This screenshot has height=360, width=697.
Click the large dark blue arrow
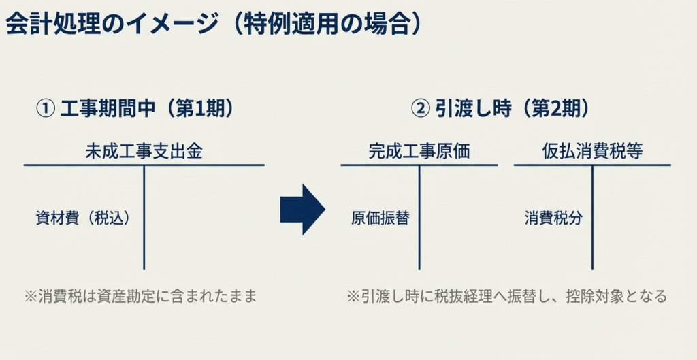[302, 209]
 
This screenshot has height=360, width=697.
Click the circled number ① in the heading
[45, 109]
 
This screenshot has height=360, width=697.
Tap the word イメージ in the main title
[162, 24]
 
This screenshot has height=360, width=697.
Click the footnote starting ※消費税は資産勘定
[141, 297]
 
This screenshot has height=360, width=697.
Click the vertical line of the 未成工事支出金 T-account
[144, 218]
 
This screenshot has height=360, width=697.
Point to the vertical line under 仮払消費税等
[592, 218]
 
